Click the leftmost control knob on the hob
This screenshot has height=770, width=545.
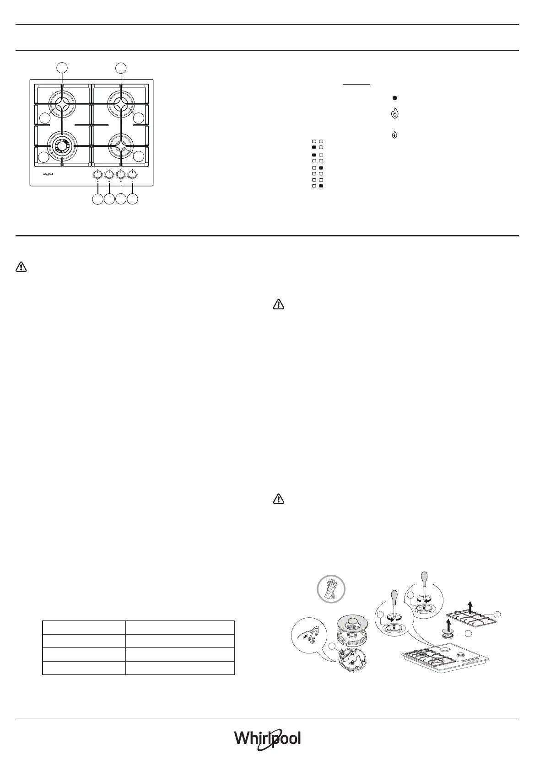click(x=97, y=174)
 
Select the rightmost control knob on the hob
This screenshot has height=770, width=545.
click(x=132, y=174)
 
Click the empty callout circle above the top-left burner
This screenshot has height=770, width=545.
click(x=63, y=68)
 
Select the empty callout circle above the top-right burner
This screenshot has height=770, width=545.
click(x=121, y=68)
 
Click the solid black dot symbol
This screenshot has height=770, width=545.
click(x=394, y=98)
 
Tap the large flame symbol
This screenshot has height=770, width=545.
click(x=395, y=114)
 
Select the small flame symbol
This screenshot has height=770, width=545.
click(x=395, y=135)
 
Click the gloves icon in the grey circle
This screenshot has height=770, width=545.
click(x=330, y=588)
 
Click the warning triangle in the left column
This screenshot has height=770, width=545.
click(x=22, y=267)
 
